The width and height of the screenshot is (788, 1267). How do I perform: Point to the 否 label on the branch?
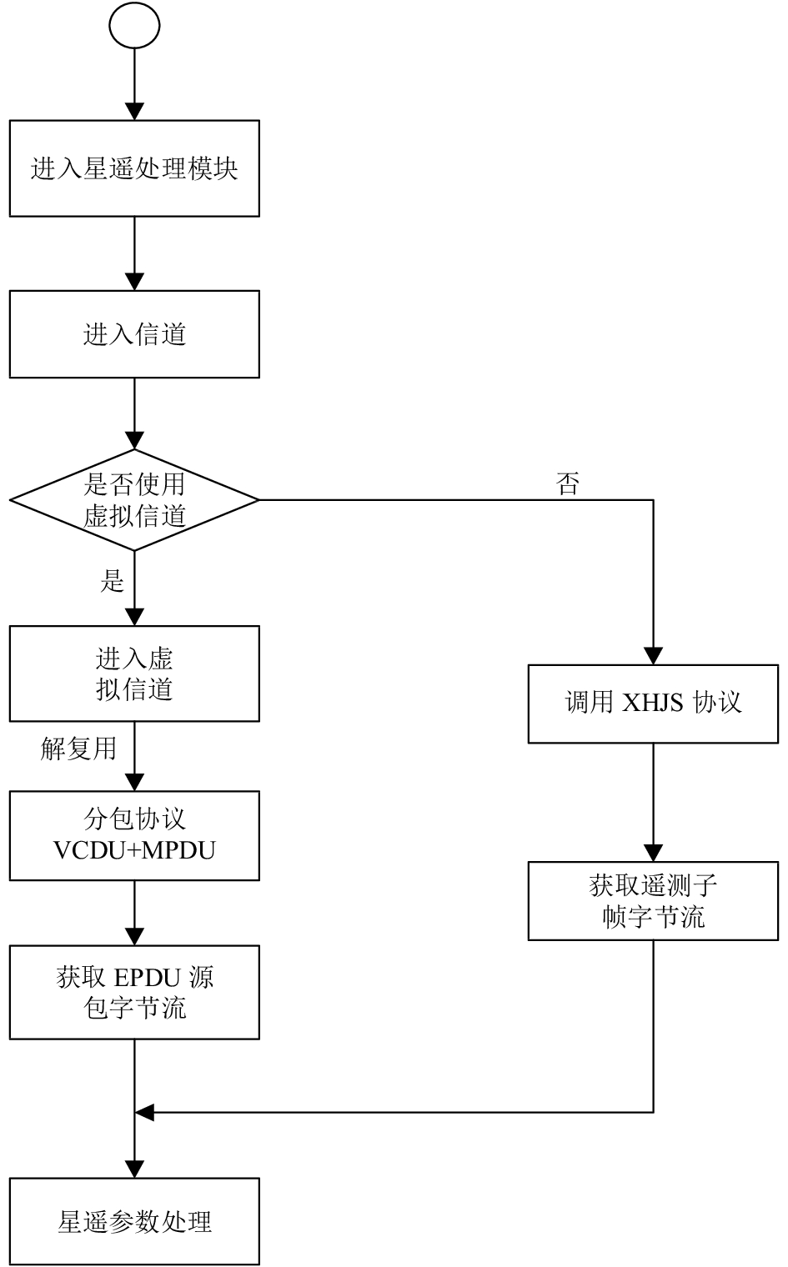567,484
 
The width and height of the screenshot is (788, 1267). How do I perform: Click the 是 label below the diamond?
112,581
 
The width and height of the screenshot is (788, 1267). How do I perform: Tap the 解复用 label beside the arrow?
78,749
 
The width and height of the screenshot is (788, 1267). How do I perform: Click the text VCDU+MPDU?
134,850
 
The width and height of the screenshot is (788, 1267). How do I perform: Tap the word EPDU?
147,978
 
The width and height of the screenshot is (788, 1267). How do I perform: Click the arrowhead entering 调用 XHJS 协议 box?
654,656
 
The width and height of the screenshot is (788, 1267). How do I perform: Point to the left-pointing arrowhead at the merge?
145,1113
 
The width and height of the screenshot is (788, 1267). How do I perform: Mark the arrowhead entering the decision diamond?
134,441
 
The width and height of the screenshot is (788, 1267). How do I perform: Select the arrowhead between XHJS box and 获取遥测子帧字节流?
654,854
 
